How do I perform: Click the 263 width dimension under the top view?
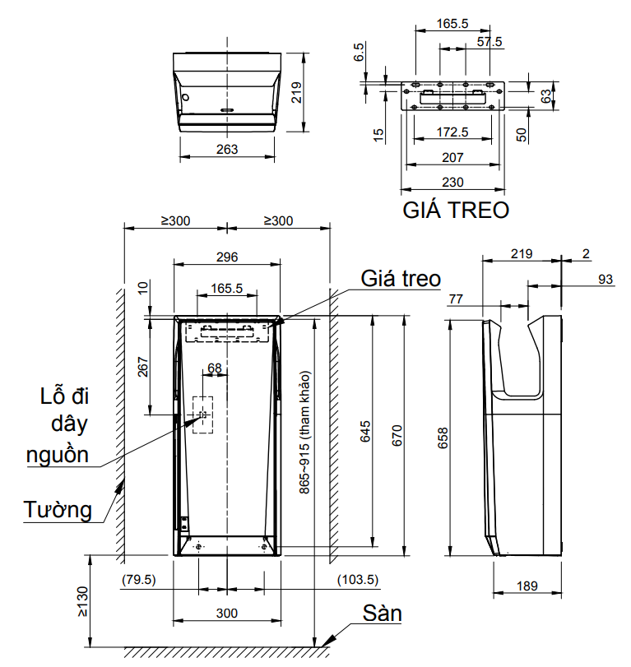coord(227,149)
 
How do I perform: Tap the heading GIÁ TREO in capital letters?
coord(456,210)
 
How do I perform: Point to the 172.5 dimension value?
coord(452,132)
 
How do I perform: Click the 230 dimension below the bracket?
coord(452,181)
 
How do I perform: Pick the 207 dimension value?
coord(452,157)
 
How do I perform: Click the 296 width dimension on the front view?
coord(227,257)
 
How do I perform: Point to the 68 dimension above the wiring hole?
coord(214,368)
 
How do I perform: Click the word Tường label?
coord(57,510)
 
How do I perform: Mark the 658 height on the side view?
coord(443,437)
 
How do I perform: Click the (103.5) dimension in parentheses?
coord(358,580)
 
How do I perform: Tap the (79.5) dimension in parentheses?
coord(138,580)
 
